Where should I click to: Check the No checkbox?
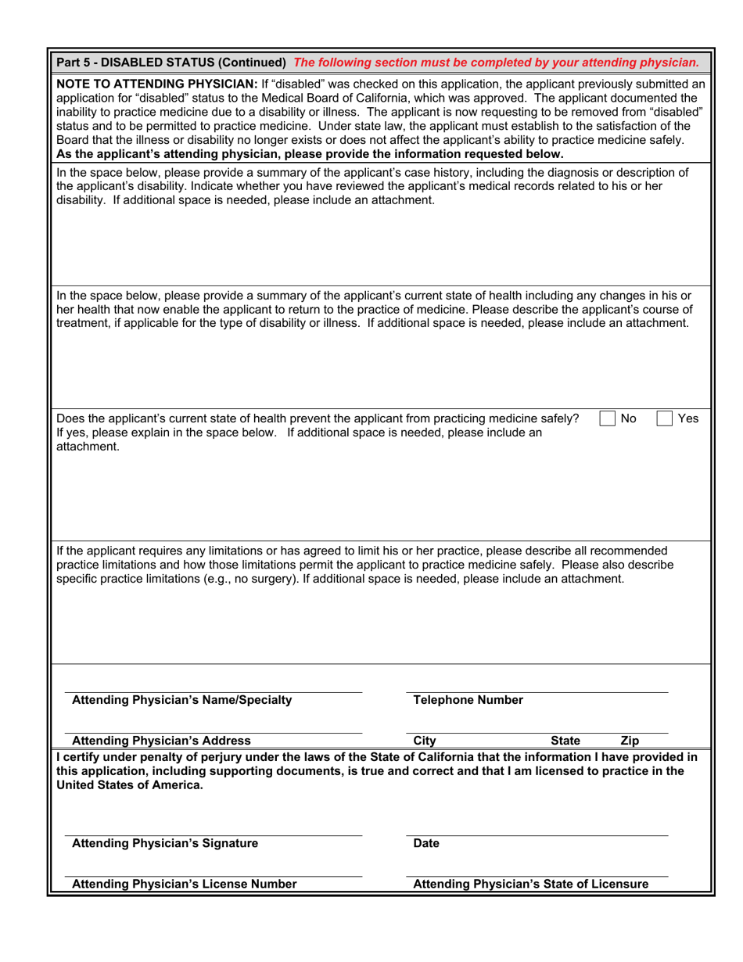pyautogui.click(x=607, y=418)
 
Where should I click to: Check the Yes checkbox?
pyautogui.click(x=664, y=418)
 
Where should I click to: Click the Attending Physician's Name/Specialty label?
pyautogui.click(x=181, y=700)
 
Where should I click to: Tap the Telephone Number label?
pyautogui.click(x=468, y=700)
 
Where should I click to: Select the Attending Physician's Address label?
pyautogui.click(x=161, y=740)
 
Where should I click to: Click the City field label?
pyautogui.click(x=424, y=740)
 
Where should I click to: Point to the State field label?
pyautogui.click(x=565, y=740)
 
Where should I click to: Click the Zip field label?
pyautogui.click(x=630, y=740)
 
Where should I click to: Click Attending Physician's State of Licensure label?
pyautogui.click(x=530, y=884)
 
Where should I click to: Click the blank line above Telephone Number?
pyautogui.click(x=537, y=691)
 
